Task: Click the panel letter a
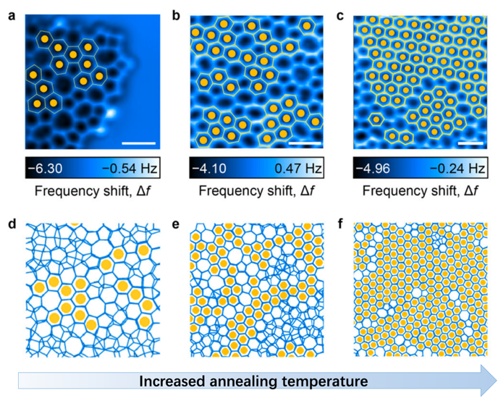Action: (x=11, y=12)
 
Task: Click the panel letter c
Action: (x=339, y=12)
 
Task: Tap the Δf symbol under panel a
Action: (x=145, y=192)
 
